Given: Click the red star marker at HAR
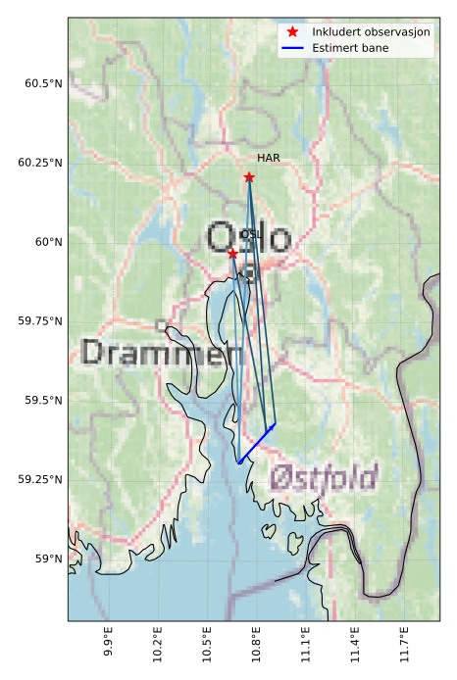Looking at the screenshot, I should point(249,177).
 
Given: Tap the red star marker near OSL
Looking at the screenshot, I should point(232,254).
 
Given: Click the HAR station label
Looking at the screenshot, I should point(269,158).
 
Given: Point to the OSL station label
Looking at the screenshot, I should point(251,234).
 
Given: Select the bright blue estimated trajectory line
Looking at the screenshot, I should point(256,443).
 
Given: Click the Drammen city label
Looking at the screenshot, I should point(150,353).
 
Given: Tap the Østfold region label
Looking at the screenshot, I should point(324,478).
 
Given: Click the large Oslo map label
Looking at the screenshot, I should point(249,238).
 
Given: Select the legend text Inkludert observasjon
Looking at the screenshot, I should point(371,32).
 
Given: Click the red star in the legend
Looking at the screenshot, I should point(292,32).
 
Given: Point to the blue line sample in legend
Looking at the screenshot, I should point(292,47).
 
